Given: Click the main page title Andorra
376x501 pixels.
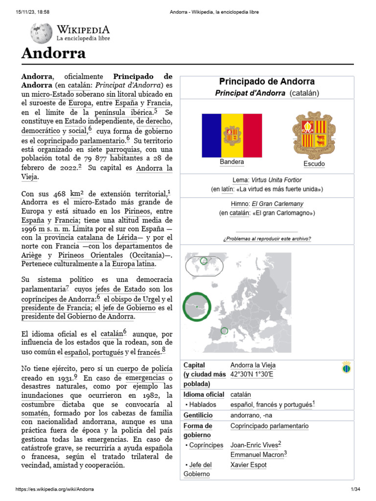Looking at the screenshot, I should pyautogui.click(x=53, y=53).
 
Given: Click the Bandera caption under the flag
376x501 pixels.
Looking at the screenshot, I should pyautogui.click(x=232, y=162).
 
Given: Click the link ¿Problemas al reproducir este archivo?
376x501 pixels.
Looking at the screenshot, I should pyautogui.click(x=266, y=239).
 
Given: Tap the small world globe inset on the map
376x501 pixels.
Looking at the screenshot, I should pyautogui.click(x=204, y=265).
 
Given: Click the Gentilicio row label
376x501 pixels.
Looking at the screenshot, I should pyautogui.click(x=198, y=415).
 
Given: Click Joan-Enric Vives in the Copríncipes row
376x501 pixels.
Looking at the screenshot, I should pyautogui.click(x=253, y=445).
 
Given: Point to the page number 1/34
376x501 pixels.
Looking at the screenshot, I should pyautogui.click(x=355, y=489).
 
